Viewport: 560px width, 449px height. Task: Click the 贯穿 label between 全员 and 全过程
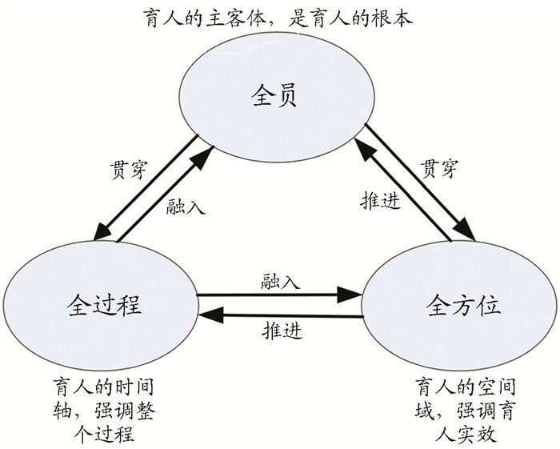(x=128, y=170)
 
